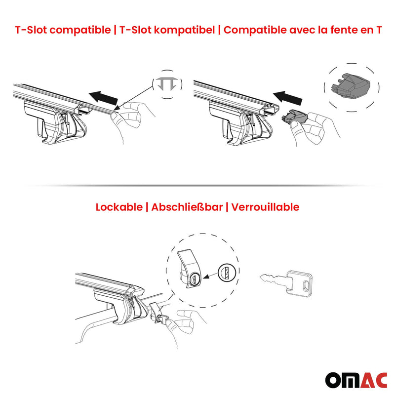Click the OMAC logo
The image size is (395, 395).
click(355, 379)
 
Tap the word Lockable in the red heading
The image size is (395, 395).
click(118, 207)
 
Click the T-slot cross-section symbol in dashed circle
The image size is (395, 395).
click(166, 85)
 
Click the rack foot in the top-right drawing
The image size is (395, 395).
click(232, 121)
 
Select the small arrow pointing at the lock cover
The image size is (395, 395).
click(209, 277)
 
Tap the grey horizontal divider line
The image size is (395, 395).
click(197, 185)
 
